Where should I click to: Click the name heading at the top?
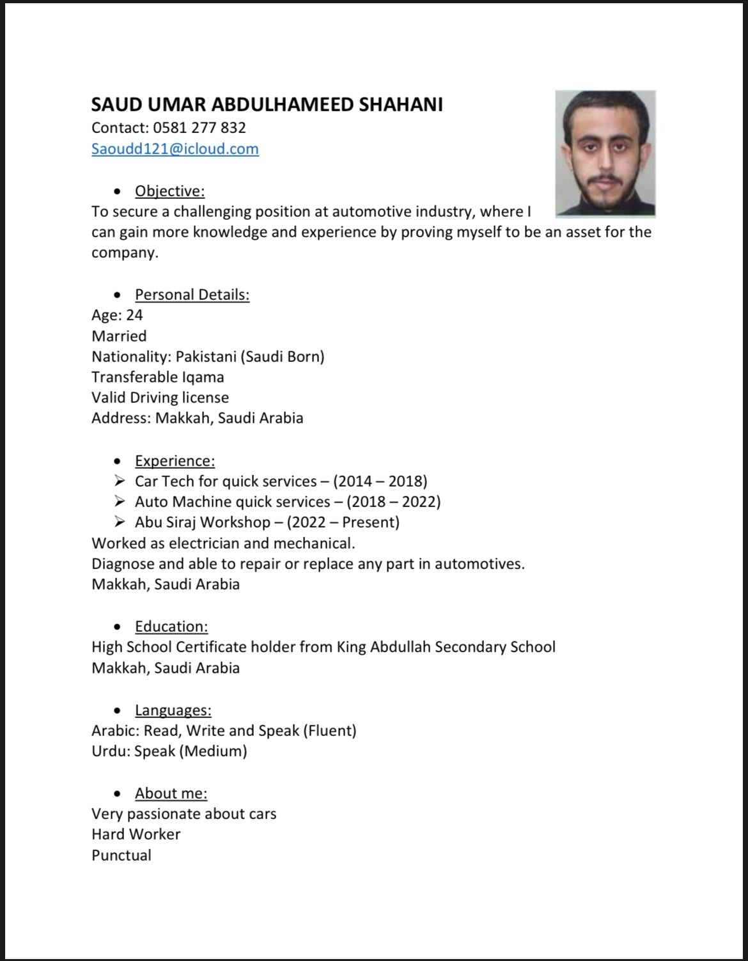[x=267, y=105]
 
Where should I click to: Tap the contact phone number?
[x=199, y=128]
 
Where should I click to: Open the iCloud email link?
[x=175, y=149]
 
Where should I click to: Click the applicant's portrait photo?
[x=605, y=153]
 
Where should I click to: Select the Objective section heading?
[x=169, y=191]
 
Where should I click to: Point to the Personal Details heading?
[x=192, y=295]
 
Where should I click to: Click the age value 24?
[x=134, y=315]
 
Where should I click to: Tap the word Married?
[x=119, y=336]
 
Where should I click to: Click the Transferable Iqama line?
[x=158, y=377]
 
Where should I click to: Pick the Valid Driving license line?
[x=160, y=398]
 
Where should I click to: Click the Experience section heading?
[x=175, y=461]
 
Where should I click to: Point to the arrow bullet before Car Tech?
[x=120, y=481]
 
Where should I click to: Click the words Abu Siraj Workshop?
[x=202, y=522]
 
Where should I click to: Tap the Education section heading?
[x=171, y=627]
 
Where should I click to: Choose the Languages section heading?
[x=173, y=710]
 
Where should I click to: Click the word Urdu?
[x=110, y=751]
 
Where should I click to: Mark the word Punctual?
[x=121, y=856]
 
